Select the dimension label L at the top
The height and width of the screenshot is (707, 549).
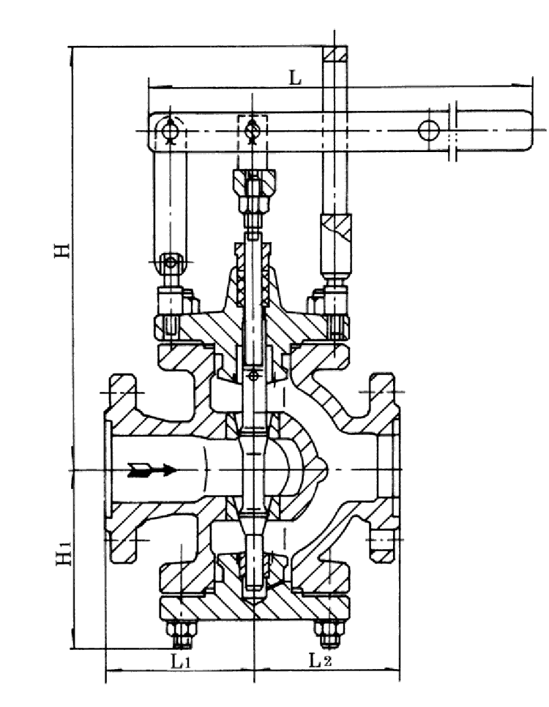click(x=294, y=78)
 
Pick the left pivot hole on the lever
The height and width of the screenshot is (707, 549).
click(x=170, y=130)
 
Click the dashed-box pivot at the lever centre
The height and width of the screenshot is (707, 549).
click(x=253, y=130)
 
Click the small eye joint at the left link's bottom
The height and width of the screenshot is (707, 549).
click(x=171, y=261)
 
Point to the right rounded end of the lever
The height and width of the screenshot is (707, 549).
click(x=529, y=131)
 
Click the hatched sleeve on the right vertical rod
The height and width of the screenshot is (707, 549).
click(x=336, y=235)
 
